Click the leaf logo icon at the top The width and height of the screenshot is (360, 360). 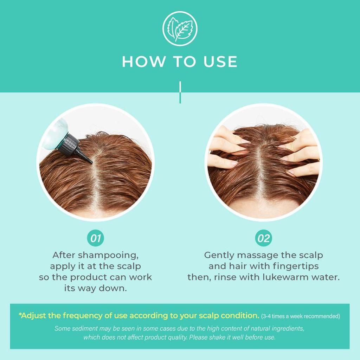180,28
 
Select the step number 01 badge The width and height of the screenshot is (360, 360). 96,238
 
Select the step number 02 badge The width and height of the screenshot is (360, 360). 264,238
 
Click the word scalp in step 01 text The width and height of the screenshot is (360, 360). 129,266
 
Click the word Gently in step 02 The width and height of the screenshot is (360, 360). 219,256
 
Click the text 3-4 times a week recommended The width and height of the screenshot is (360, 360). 301,316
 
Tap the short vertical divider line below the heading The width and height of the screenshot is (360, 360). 180,92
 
